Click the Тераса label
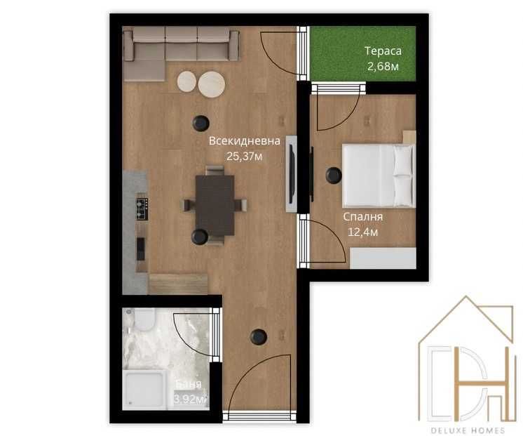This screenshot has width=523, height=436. (381, 51)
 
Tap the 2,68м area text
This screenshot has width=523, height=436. (383, 67)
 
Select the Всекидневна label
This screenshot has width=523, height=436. (244, 141)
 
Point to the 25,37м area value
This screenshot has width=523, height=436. (244, 156)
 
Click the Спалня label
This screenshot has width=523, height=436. (362, 218)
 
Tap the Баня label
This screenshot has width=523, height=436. (189, 385)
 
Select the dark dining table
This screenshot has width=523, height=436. (215, 204)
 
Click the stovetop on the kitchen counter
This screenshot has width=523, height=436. (142, 208)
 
